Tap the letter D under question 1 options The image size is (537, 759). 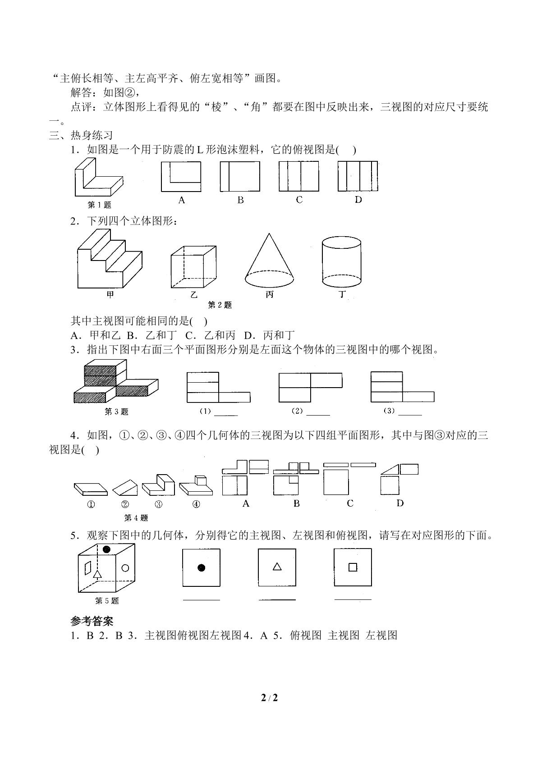coord(358,200)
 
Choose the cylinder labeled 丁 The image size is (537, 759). coord(341,261)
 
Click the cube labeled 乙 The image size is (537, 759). coord(193,267)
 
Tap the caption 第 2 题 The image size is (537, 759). coord(220,305)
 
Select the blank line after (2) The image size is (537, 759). coord(318,415)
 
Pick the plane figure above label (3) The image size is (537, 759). coord(402,387)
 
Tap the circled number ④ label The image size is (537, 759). coord(196,504)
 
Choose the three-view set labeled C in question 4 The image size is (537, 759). coord(349,479)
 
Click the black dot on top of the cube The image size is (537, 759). coord(106,549)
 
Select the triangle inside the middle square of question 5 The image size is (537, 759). coord(277,566)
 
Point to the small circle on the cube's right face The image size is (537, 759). coord(125,568)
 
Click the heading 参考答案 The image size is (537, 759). coord(92,621)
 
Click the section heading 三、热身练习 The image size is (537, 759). coord(81,136)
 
